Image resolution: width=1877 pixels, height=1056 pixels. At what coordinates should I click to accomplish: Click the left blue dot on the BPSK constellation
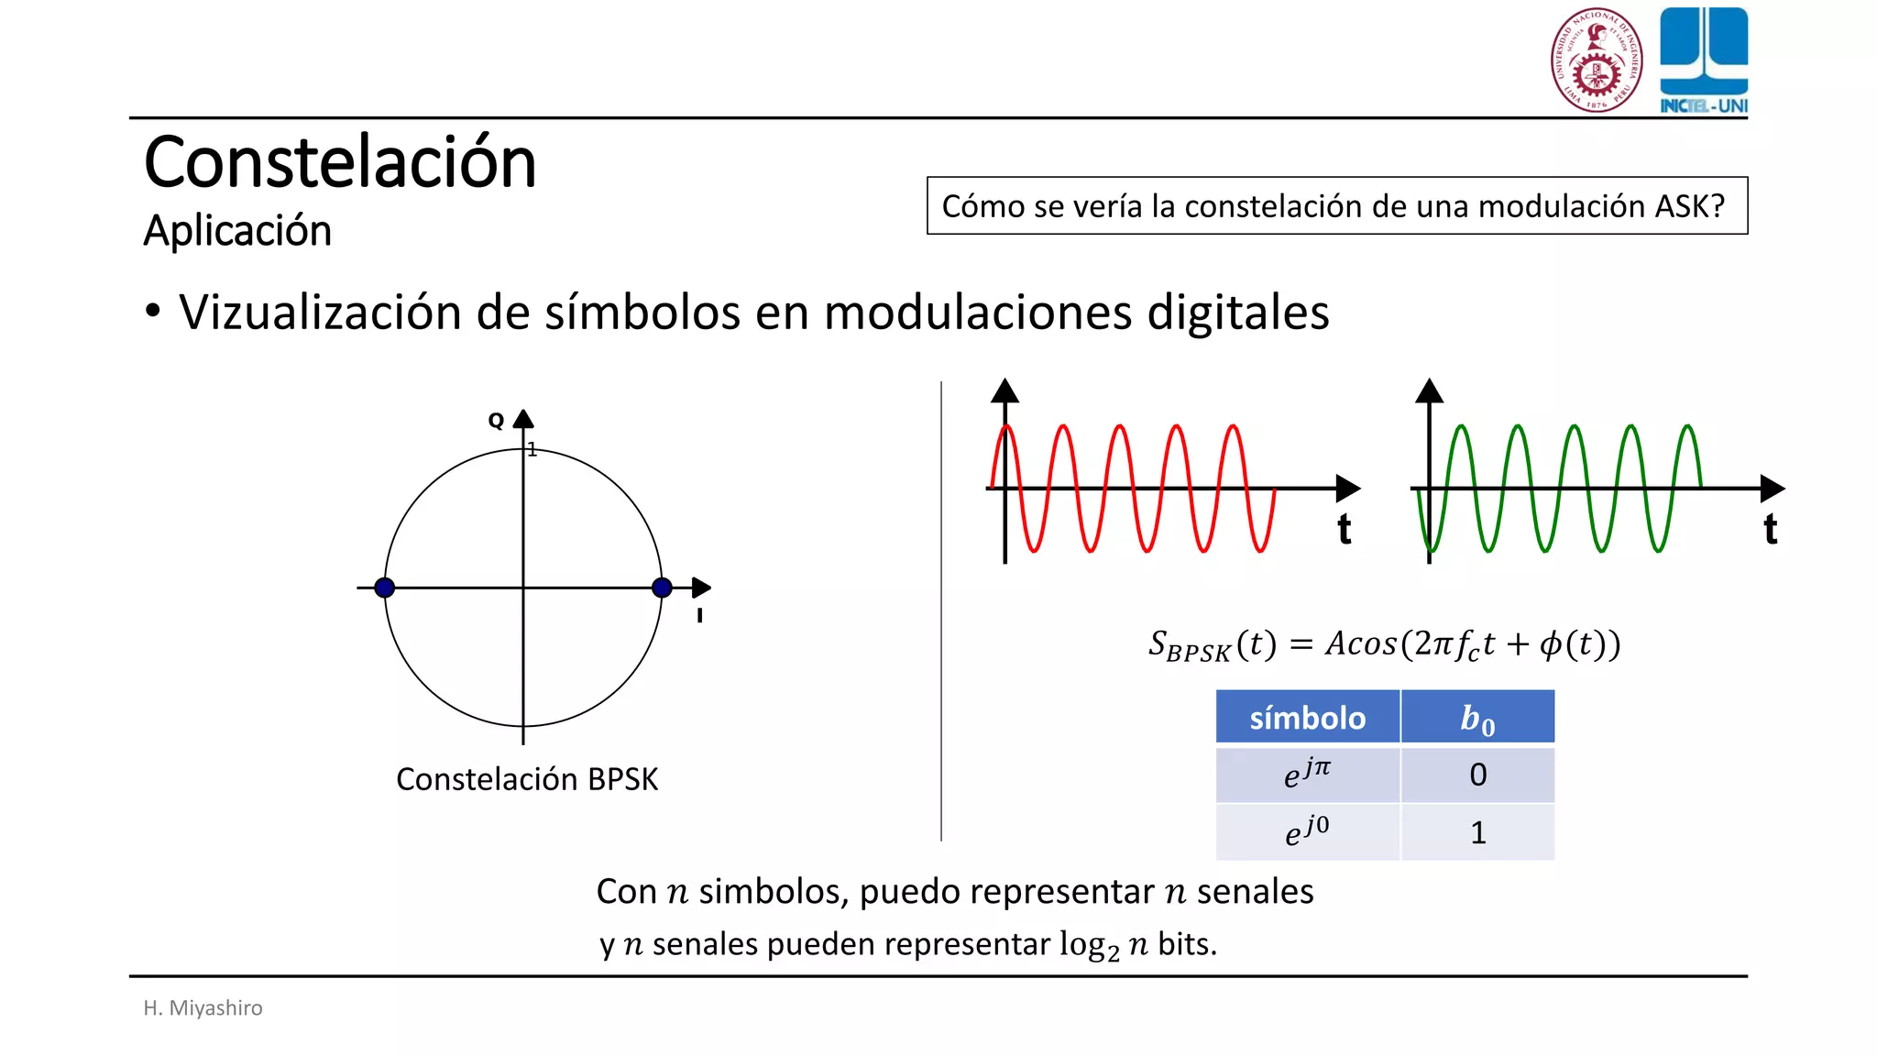(x=385, y=588)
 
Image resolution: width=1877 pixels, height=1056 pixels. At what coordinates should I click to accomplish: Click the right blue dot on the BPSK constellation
(x=662, y=588)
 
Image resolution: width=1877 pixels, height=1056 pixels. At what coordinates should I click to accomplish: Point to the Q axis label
(x=496, y=421)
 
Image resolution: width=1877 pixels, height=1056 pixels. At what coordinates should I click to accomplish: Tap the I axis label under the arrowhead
(x=699, y=616)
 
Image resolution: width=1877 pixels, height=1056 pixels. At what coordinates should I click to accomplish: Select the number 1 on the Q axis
(x=532, y=450)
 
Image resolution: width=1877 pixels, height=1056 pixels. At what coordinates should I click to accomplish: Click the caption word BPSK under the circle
(x=623, y=779)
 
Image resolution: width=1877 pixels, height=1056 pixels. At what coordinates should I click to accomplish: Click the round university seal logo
(x=1597, y=60)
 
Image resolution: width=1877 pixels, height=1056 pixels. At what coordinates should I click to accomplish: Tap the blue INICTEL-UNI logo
(x=1704, y=60)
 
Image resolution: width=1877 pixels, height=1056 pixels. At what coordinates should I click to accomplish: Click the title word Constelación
(x=340, y=162)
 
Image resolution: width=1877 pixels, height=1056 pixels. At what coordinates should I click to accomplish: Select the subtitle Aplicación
(x=237, y=230)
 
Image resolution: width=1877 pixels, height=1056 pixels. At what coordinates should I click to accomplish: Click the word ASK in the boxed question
(x=1681, y=206)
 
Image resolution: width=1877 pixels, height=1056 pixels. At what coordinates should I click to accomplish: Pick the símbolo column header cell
(x=1308, y=717)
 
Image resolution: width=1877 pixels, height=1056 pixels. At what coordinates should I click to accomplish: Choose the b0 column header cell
(x=1477, y=718)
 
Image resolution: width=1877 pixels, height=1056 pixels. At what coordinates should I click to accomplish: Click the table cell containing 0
(x=1477, y=775)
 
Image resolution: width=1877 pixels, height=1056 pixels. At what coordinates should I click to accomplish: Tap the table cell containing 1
(x=1477, y=832)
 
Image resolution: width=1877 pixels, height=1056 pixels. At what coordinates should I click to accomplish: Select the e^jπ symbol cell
(x=1308, y=775)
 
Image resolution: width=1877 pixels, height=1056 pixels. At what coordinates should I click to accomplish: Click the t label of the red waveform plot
(x=1344, y=530)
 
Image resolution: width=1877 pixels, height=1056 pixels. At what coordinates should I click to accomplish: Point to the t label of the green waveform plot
(x=1771, y=530)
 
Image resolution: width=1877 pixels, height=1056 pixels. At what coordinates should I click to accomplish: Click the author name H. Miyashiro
(x=203, y=1007)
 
